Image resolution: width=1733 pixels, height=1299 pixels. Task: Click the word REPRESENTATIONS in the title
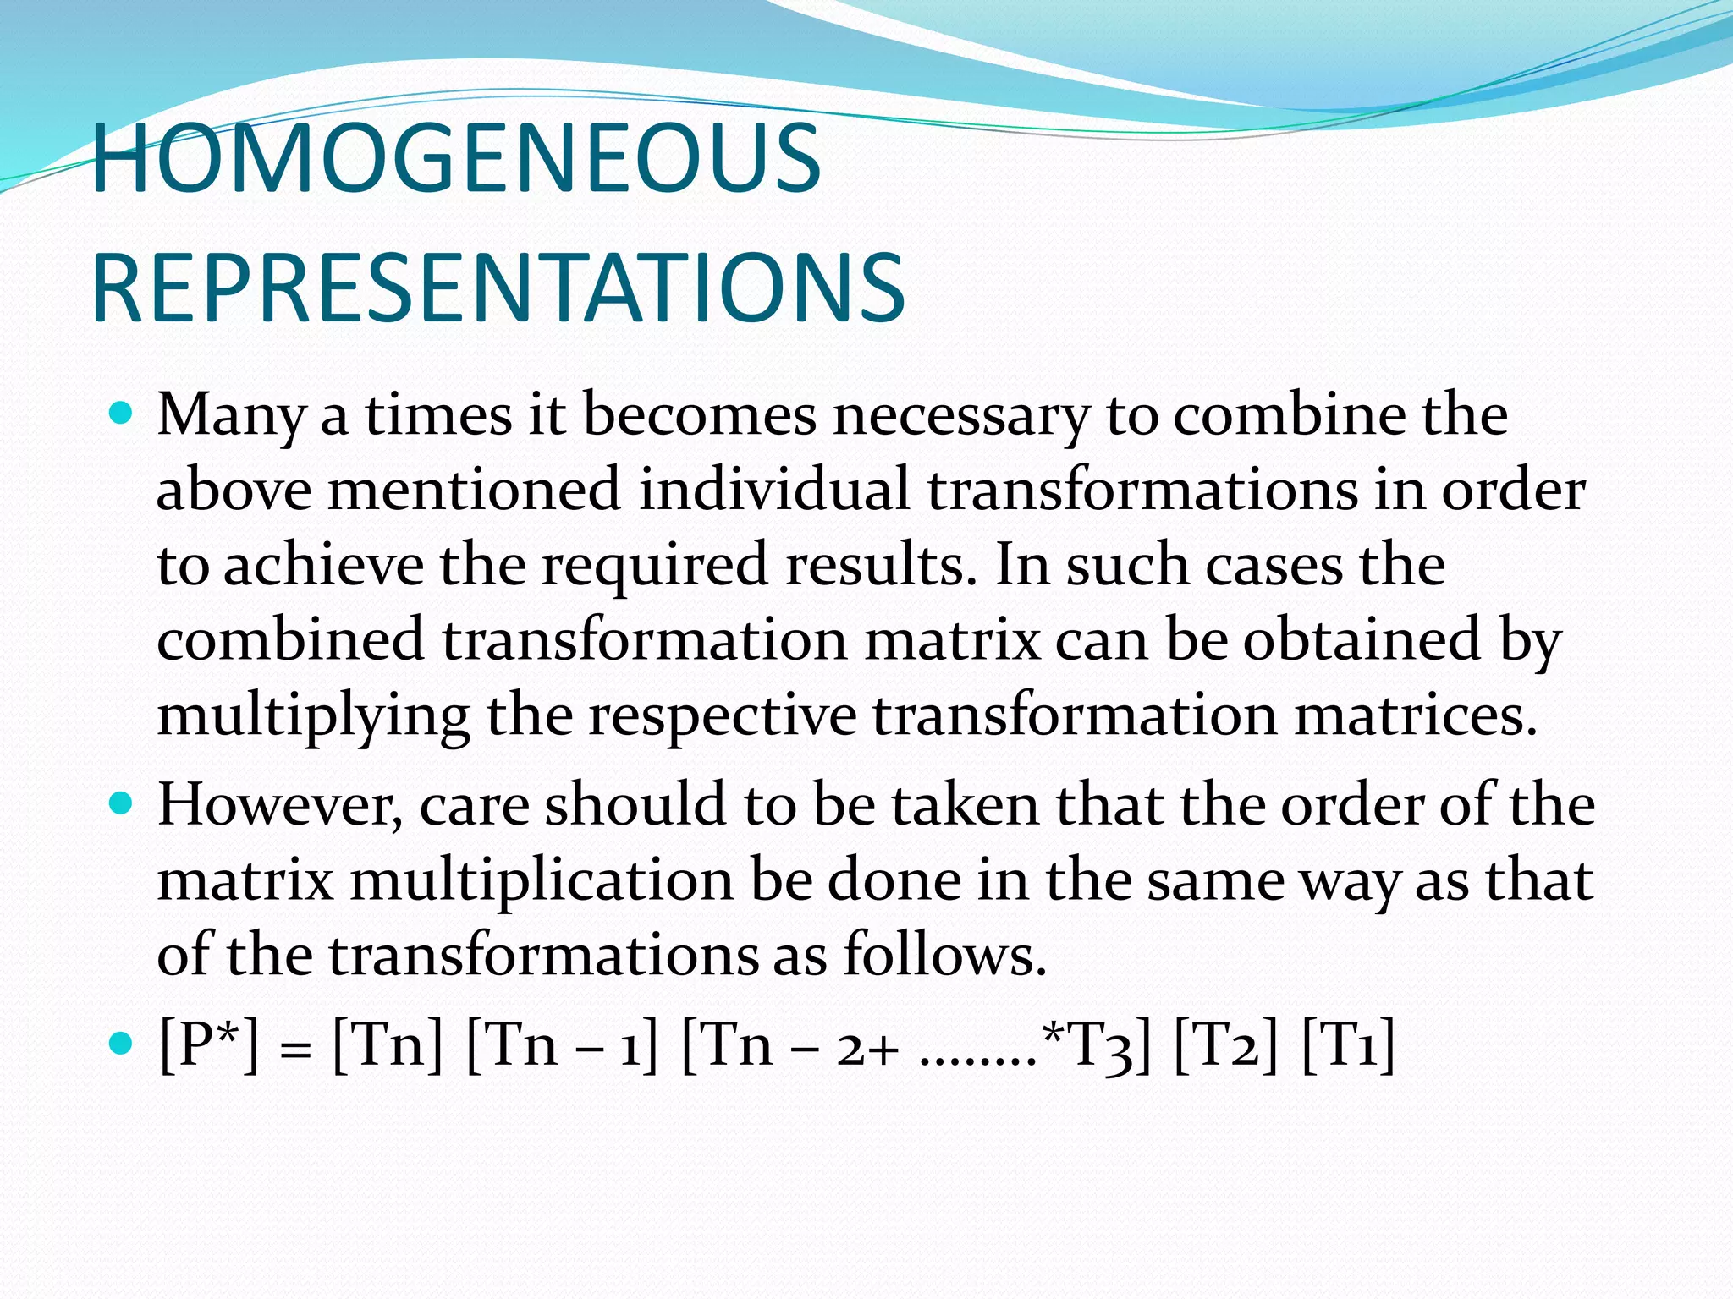(498, 289)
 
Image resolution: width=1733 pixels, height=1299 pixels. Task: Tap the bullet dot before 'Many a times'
(123, 414)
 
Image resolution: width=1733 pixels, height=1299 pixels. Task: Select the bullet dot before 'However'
(123, 803)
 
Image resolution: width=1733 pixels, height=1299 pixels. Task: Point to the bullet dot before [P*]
(123, 1044)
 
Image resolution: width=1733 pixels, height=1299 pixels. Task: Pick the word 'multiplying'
(313, 715)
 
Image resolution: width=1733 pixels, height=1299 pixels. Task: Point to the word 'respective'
(722, 715)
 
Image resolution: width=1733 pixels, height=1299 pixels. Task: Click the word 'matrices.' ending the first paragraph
(1415, 715)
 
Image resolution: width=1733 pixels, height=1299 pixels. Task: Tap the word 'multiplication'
(542, 880)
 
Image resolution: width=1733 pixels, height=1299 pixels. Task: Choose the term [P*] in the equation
(209, 1045)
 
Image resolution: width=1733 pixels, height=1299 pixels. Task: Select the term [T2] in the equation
(1226, 1045)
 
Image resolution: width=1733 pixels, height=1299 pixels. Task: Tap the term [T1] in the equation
(1348, 1045)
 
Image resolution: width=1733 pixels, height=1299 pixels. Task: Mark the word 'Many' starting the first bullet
(230, 416)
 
